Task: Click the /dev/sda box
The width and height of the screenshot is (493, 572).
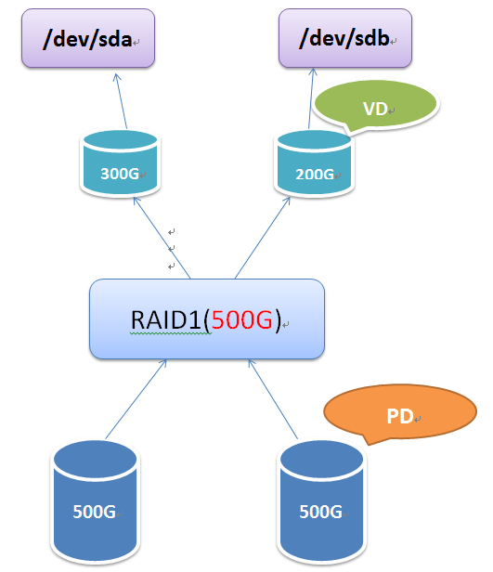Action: pos(87,39)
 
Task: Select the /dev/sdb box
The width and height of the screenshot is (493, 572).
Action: pos(344,39)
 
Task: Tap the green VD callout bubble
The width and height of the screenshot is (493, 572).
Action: pos(374,108)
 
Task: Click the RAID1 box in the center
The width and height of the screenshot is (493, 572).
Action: pos(206,319)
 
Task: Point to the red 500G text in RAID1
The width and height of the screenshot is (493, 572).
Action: pos(243,320)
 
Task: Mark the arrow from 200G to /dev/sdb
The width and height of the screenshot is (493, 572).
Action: pos(309,100)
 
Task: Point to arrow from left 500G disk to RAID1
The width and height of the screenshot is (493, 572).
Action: pos(136,401)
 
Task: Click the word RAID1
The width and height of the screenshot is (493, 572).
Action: pos(167,320)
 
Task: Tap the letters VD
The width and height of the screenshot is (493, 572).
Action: pos(374,109)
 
